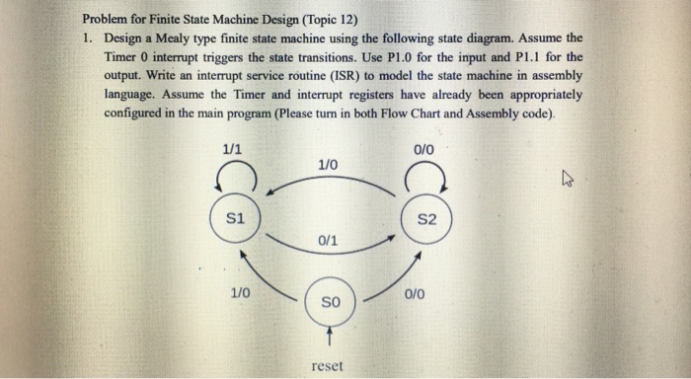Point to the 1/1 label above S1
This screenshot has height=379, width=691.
coord(233,149)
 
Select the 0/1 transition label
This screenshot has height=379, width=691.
coord(329,240)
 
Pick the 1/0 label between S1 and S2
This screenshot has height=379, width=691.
coord(329,164)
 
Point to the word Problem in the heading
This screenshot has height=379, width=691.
coord(110,19)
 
